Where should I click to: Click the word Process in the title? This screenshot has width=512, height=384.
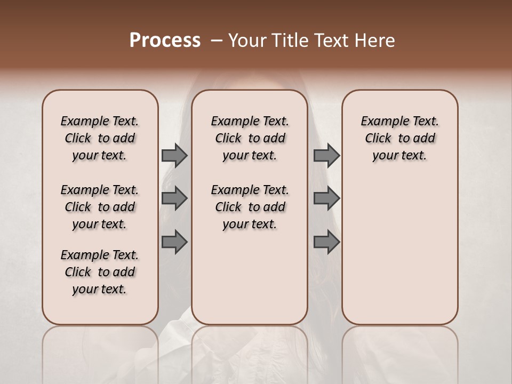click(165, 41)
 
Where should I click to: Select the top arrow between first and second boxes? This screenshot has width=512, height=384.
click(174, 155)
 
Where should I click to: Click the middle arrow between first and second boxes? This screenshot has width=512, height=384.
click(174, 198)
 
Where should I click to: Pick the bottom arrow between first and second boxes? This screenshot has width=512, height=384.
click(174, 242)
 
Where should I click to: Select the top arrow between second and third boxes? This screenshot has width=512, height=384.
click(326, 155)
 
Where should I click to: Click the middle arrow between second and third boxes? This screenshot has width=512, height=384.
click(326, 198)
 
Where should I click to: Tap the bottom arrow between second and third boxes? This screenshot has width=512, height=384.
click(326, 242)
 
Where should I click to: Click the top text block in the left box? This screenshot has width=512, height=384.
click(100, 138)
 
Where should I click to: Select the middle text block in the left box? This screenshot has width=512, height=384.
click(100, 207)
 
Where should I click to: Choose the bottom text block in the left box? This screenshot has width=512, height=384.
click(100, 272)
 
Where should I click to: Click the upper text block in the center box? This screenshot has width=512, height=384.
click(250, 138)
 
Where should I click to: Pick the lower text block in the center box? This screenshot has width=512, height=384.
click(250, 207)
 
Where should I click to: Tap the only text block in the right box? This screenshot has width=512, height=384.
click(400, 138)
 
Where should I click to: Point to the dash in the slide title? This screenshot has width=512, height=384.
click(217, 41)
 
